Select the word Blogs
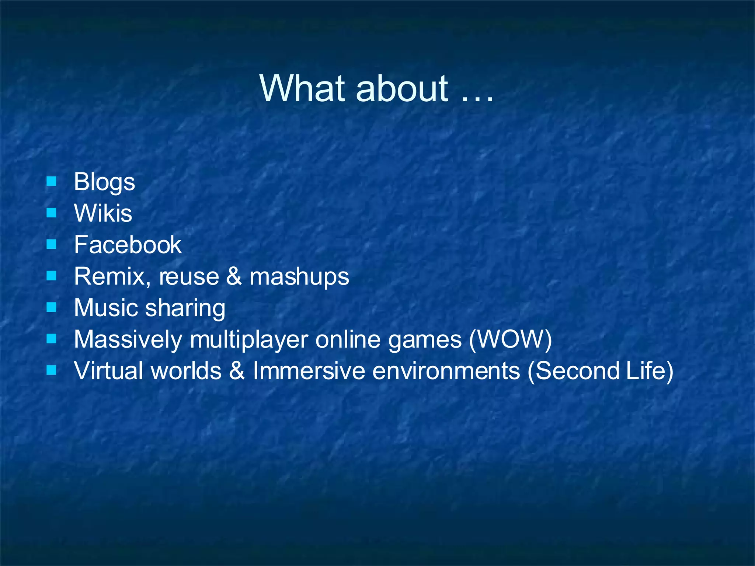(104, 182)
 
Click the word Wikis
(103, 213)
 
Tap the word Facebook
(128, 245)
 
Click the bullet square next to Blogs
(52, 181)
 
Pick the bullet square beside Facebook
(52, 244)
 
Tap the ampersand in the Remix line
(234, 276)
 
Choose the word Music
(106, 308)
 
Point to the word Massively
(128, 339)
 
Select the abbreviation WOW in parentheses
(511, 339)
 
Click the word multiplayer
(249, 339)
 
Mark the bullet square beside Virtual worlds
(52, 370)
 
